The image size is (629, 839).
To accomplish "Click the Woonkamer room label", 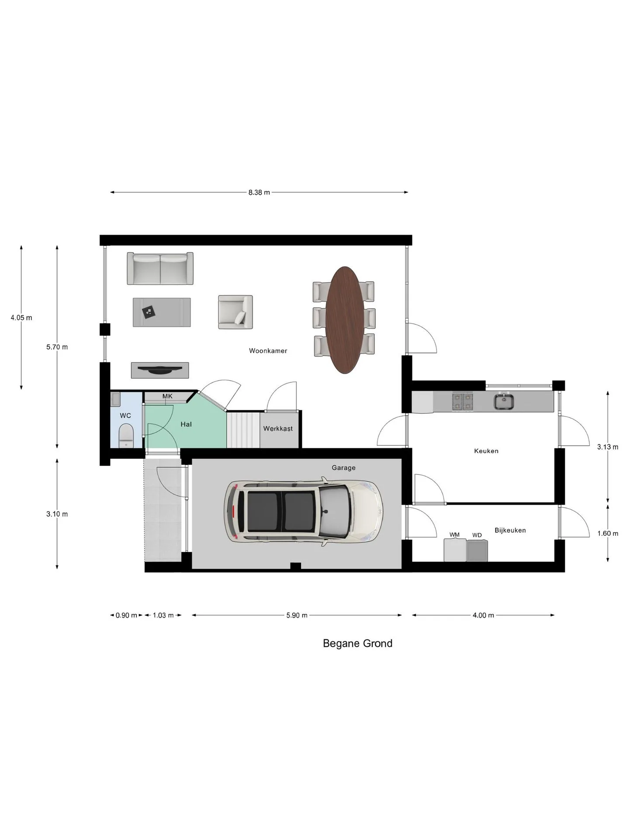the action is [268, 350].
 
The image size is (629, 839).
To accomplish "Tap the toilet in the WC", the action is [126, 435].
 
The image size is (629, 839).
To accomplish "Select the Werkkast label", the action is [278, 429].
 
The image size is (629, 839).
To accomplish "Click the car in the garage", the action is [304, 511].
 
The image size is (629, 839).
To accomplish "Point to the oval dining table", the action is [345, 320].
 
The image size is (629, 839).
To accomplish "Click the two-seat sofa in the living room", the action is [160, 268].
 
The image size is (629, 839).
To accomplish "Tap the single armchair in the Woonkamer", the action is [235, 312].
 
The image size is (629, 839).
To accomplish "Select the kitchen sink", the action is [505, 401].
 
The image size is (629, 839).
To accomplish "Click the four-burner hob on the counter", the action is [463, 401].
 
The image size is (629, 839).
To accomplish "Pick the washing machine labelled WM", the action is [455, 550].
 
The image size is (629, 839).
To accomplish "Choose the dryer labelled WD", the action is [477, 551].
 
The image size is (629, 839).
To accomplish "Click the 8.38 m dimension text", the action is [259, 192].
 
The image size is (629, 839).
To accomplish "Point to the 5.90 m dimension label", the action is [297, 615].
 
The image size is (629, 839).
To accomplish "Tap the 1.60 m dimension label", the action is [608, 533].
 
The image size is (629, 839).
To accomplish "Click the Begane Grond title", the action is [357, 643].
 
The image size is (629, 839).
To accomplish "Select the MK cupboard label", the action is [167, 396].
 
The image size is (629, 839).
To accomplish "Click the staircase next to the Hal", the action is [243, 430].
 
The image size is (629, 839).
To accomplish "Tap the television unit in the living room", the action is [160, 370].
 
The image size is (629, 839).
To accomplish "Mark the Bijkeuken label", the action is [510, 530].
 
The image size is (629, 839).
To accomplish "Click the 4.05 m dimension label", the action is [21, 318].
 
